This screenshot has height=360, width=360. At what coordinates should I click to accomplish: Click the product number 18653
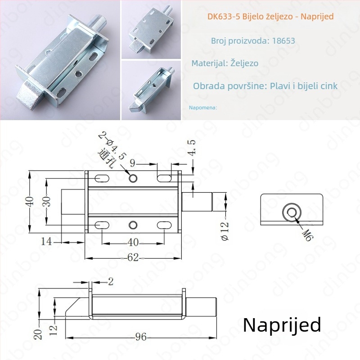(283, 40)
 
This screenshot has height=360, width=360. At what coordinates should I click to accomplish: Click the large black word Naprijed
(282, 324)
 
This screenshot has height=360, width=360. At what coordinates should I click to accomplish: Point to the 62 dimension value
(133, 257)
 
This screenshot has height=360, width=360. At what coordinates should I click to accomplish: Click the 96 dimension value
(141, 337)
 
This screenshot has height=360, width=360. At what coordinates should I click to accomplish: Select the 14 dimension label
(46, 242)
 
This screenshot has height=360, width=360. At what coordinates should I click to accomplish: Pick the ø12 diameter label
(225, 230)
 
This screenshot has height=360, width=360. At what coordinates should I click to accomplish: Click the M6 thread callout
(307, 235)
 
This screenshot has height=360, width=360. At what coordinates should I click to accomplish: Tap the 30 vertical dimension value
(47, 202)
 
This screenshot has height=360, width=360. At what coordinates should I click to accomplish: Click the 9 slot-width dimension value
(132, 163)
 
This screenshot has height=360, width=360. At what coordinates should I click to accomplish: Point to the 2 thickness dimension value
(111, 282)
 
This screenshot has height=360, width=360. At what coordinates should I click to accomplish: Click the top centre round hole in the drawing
(133, 178)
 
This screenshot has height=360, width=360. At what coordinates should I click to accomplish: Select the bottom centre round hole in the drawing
(133, 225)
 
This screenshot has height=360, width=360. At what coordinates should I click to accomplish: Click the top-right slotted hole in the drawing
(164, 178)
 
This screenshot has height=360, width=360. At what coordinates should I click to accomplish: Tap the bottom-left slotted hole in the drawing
(102, 225)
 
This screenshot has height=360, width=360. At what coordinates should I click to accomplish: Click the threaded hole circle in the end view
(292, 212)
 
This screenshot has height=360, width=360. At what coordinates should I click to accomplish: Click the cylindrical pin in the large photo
(99, 23)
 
